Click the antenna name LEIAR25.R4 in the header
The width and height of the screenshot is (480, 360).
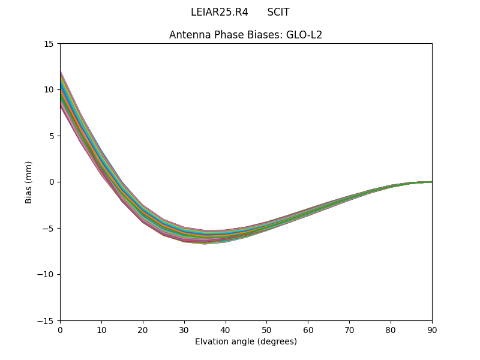coord(219,12)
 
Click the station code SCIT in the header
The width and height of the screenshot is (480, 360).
coord(278,12)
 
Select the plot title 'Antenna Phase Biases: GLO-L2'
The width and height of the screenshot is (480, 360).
coord(245,35)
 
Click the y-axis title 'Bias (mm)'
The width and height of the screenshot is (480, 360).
coord(29,182)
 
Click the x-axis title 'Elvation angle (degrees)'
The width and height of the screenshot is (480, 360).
coord(245,341)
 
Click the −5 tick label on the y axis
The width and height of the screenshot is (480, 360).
coord(48,229)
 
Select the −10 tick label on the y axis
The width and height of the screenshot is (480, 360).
coord(46,275)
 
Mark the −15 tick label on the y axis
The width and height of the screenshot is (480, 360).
coord(46,321)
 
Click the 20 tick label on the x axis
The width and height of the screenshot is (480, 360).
coord(143,330)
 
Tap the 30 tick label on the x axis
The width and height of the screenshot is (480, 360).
coord(184,330)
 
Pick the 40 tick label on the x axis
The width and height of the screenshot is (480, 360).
coord(226,330)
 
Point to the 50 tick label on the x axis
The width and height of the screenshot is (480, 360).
coord(266,330)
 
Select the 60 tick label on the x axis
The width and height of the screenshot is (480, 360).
coord(308,330)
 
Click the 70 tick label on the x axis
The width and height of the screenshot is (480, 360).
coord(349,330)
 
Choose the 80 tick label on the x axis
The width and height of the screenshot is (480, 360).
coord(391,330)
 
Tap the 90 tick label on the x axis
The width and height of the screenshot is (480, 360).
coord(432,330)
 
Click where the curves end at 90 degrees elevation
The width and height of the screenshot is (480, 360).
coord(431,182)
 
